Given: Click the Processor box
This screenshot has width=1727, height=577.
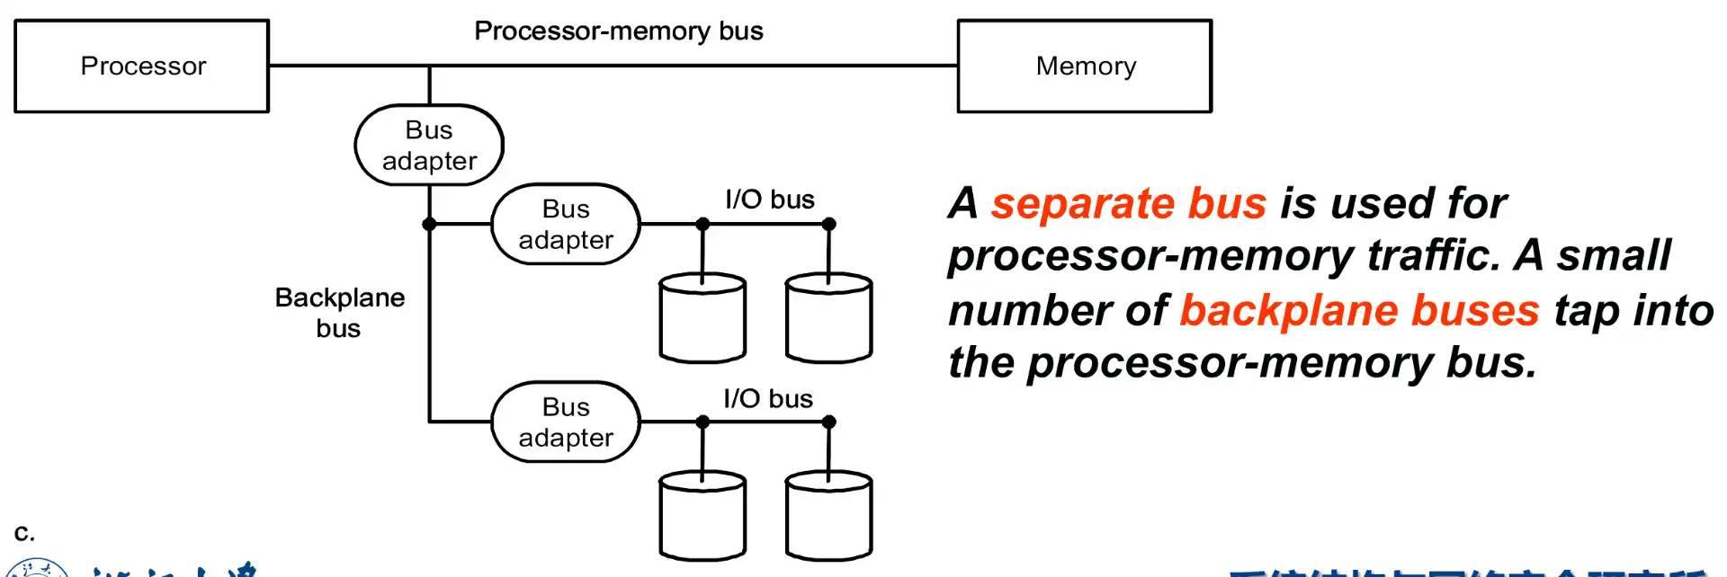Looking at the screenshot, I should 142,67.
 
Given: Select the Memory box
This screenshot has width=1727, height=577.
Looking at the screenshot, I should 1085,67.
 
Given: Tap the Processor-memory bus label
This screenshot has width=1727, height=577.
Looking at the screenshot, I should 619,31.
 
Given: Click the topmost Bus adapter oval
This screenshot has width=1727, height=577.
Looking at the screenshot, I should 429,146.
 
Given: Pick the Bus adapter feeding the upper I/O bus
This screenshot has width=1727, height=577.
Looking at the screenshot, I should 566,225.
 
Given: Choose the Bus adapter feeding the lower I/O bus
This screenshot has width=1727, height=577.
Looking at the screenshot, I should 566,422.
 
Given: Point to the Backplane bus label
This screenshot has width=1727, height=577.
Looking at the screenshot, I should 339,313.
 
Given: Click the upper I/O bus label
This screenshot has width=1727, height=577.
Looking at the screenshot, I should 770,200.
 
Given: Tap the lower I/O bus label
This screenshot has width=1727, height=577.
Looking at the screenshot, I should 768,398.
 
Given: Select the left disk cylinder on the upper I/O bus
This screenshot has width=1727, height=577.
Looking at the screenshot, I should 702,319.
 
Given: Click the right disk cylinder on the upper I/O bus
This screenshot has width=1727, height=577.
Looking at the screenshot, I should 828,319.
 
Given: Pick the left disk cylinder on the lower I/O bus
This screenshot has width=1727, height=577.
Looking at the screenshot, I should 702,517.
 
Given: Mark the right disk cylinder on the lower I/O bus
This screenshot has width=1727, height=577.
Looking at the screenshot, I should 828,517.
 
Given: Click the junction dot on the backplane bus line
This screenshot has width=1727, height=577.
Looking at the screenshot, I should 429,224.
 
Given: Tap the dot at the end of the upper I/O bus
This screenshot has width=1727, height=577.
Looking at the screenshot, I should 829,224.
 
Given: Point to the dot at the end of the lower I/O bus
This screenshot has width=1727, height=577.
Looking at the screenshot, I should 829,422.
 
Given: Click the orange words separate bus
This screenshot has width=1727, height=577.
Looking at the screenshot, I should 1129,203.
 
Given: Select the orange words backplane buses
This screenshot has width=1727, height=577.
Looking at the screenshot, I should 1359,310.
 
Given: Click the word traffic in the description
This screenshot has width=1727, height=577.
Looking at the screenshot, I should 1434,255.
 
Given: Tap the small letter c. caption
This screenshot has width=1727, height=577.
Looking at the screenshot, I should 24,532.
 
